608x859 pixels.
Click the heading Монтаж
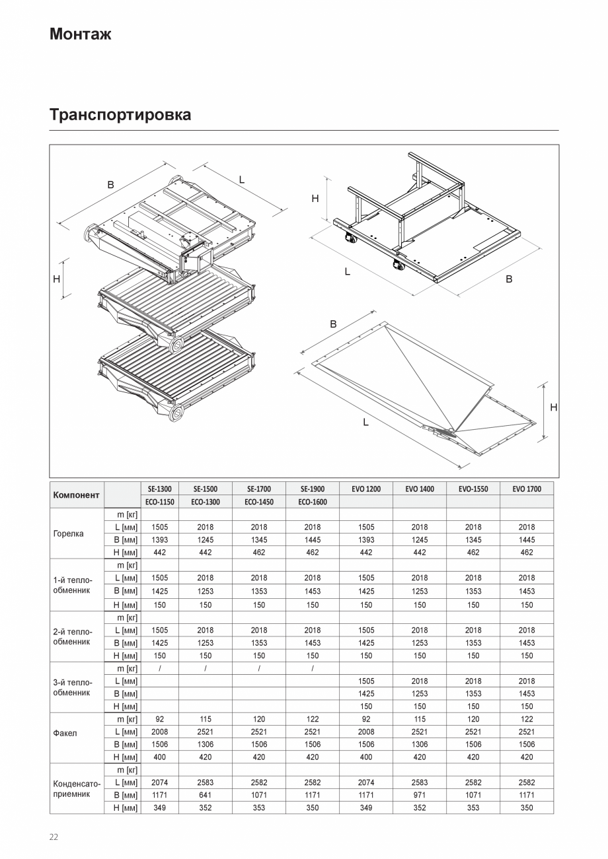80,34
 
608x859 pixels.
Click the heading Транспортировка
120,115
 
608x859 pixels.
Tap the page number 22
54,837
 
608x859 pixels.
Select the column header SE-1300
159,489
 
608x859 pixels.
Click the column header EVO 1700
526,489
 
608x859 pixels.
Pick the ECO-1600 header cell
313,502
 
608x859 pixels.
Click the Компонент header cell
76,495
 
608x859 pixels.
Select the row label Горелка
68,533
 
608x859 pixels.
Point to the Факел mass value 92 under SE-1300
159,719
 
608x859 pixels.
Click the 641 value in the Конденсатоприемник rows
206,795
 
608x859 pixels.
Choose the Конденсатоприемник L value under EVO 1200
365,782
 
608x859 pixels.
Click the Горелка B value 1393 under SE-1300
159,539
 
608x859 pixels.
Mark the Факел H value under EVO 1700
526,757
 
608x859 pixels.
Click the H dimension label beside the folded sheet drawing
553,408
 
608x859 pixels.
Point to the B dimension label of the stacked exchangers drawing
111,185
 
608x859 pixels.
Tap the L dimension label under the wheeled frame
348,271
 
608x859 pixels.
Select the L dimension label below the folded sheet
365,422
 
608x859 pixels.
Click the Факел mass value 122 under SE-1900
313,719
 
